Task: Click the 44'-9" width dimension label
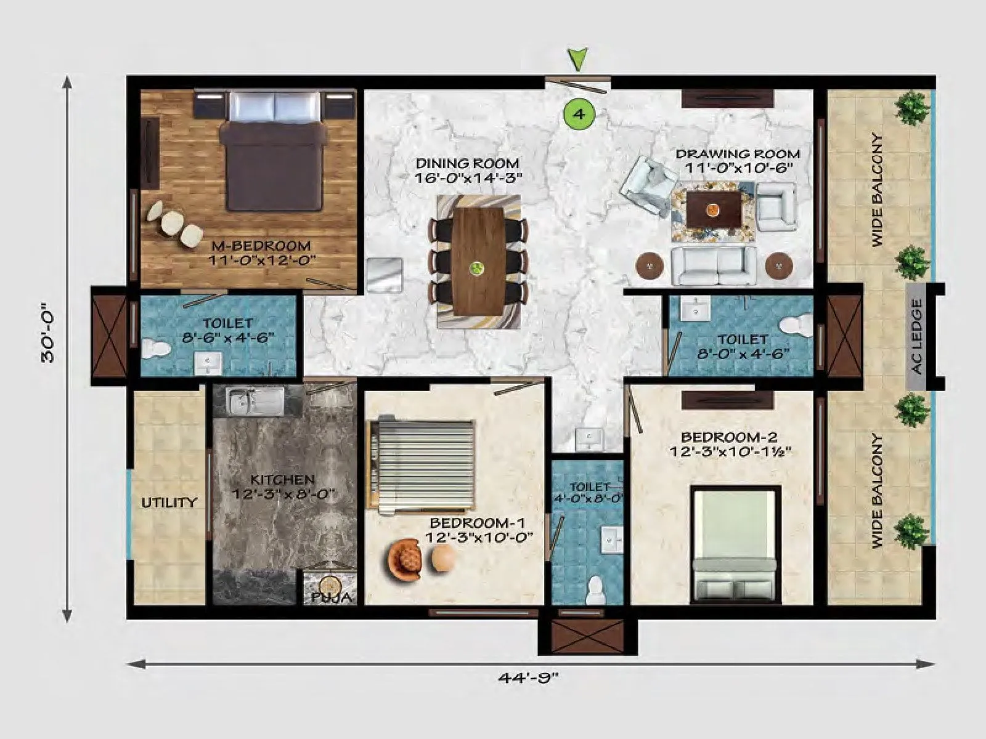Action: click(x=528, y=677)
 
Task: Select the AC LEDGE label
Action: click(x=917, y=336)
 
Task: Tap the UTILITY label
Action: click(x=169, y=503)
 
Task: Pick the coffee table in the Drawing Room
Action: click(x=713, y=209)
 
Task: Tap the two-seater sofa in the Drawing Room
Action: click(x=714, y=266)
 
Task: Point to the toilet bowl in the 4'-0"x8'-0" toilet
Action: click(x=595, y=590)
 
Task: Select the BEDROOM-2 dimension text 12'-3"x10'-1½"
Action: click(x=730, y=451)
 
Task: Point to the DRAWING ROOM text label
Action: click(x=738, y=154)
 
